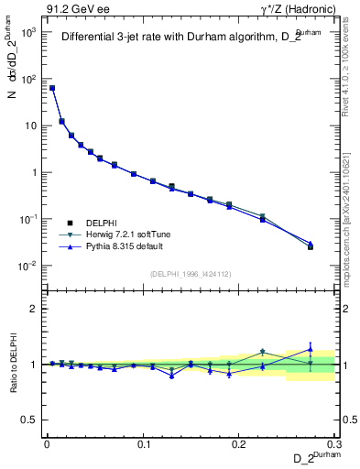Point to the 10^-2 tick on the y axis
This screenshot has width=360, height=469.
(x=27, y=266)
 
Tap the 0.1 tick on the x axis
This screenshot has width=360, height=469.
(x=143, y=442)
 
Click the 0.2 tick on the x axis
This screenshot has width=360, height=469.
(x=238, y=442)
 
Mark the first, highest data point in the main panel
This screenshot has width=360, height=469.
(x=52, y=88)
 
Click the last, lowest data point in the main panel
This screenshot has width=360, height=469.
(x=311, y=246)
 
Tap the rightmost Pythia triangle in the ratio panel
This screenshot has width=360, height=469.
(x=311, y=348)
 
